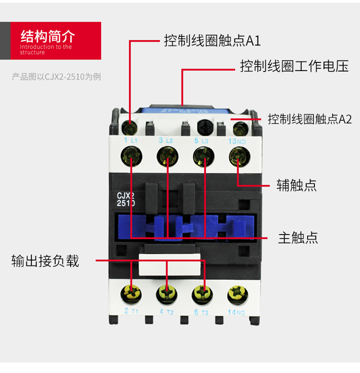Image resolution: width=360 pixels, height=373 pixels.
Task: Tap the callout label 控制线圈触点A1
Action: [x=212, y=41]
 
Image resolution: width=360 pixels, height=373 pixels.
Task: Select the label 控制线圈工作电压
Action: [x=294, y=66]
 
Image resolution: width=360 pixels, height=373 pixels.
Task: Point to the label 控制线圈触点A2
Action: [x=310, y=119]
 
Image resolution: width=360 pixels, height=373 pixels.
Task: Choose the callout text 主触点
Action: [x=298, y=238]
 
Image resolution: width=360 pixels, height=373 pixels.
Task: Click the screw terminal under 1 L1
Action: [x=131, y=154]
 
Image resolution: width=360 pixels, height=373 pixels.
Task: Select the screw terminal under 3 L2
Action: [x=167, y=154]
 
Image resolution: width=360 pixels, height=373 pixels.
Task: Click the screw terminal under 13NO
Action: [x=238, y=154]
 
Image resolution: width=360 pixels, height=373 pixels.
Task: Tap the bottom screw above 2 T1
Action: [x=131, y=292]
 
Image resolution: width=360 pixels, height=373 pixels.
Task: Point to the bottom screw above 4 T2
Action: [x=167, y=292]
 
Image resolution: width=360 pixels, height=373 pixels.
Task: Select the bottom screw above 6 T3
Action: [x=203, y=292]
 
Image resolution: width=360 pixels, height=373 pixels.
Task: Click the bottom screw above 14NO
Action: [x=238, y=292]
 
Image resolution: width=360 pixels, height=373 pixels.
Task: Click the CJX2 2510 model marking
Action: [x=126, y=199]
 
